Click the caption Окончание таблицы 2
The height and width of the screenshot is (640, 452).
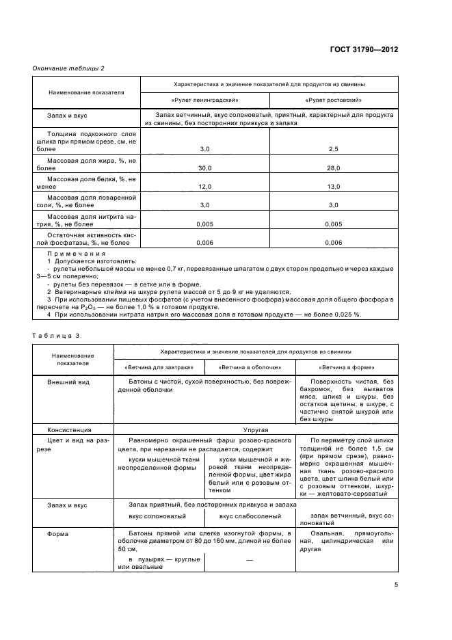(x=69, y=68)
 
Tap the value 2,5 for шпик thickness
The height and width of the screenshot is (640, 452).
(x=334, y=148)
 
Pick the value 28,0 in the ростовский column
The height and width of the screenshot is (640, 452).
(x=334, y=167)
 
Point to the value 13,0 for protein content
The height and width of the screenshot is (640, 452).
(x=334, y=186)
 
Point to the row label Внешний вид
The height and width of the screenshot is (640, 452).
(x=66, y=382)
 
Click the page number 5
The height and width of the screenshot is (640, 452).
(x=396, y=585)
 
